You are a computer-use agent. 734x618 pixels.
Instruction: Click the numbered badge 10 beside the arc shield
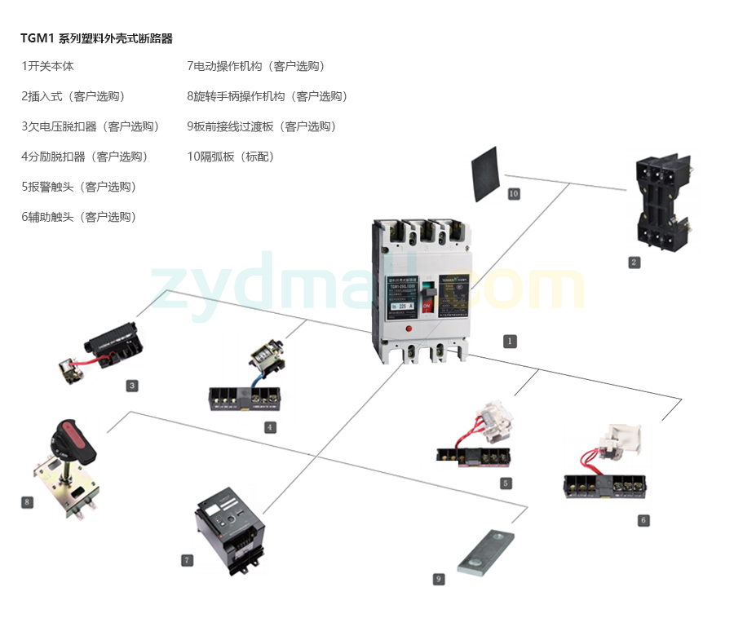(514, 193)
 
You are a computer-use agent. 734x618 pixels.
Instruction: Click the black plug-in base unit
(663, 201)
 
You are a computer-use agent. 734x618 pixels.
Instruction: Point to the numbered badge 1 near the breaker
(510, 342)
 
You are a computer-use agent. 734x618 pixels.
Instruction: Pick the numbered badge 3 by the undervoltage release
(132, 386)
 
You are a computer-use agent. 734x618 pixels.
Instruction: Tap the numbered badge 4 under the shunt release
(270, 426)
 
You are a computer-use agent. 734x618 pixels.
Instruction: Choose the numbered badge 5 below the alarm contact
(506, 483)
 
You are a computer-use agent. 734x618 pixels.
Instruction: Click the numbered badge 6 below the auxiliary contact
(643, 520)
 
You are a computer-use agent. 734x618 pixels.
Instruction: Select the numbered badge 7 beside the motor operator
(188, 560)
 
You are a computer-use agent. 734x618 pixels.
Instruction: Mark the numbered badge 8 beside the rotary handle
(28, 502)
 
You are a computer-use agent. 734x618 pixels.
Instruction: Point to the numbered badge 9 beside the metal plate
(439, 578)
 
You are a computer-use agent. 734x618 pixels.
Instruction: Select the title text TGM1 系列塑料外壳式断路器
(97, 38)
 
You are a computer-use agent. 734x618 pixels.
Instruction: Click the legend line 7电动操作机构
(255, 66)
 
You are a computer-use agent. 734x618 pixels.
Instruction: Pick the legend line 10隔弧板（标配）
(231, 157)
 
